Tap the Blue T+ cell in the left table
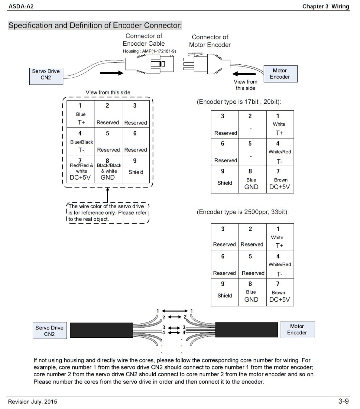[x=80, y=114]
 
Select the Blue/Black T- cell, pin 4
[x=80, y=141]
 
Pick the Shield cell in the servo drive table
[x=135, y=169]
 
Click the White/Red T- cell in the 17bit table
[x=280, y=152]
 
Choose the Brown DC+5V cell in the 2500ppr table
[x=280, y=292]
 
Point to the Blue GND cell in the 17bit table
[x=251, y=180]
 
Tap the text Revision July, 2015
[x=32, y=402]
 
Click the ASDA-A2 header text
[x=21, y=6]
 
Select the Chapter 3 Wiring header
[x=326, y=6]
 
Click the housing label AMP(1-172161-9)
[x=149, y=51]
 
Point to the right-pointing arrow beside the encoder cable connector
[x=111, y=73]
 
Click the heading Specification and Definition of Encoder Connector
[x=95, y=26]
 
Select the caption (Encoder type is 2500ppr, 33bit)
[x=242, y=212]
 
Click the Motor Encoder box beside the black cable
[x=297, y=330]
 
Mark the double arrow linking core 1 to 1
[x=175, y=311]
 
